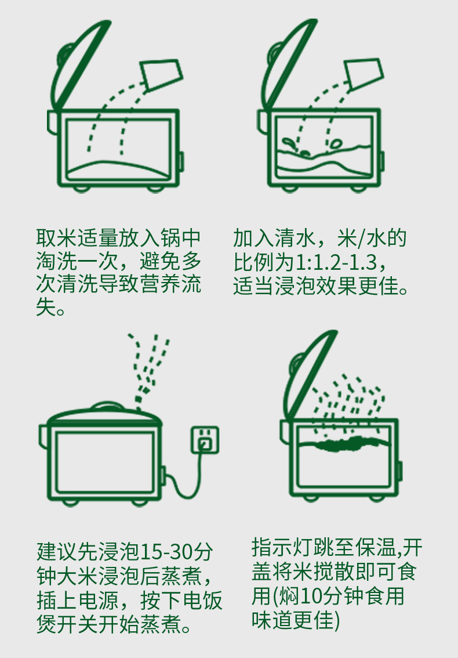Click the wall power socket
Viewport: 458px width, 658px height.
(x=205, y=440)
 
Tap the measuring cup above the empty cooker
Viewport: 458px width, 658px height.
(x=161, y=74)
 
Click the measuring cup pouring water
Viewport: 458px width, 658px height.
(x=364, y=74)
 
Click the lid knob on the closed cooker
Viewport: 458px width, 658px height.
(x=108, y=405)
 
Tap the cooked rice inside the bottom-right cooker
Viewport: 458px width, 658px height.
(x=345, y=443)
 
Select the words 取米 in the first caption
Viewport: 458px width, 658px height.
(x=57, y=238)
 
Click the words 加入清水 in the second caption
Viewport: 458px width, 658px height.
(x=274, y=238)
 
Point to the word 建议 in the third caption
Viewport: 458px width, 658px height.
(x=57, y=552)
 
